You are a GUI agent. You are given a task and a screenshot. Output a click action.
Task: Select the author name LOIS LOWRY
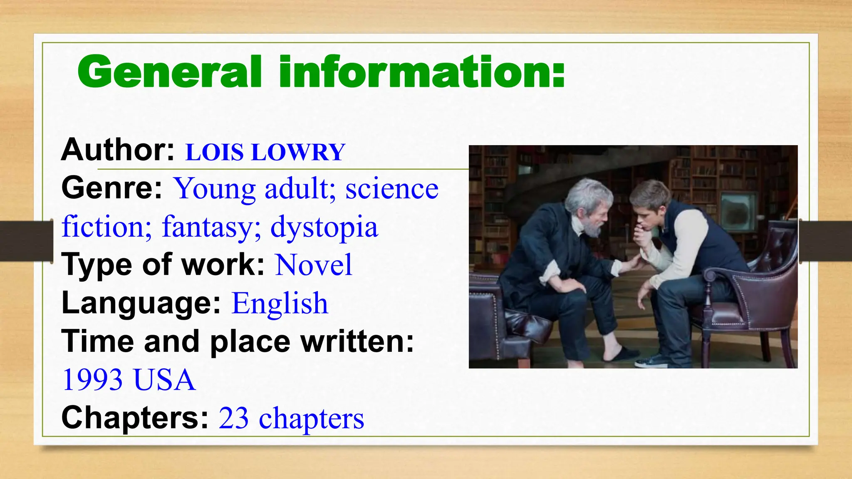click(x=265, y=152)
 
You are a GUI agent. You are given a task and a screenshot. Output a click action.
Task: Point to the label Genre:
click(x=111, y=188)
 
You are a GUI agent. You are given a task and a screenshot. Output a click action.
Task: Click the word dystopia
click(x=324, y=227)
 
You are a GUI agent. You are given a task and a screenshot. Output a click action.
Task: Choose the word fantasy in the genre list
click(x=211, y=227)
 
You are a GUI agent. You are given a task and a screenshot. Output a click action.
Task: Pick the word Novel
click(x=314, y=265)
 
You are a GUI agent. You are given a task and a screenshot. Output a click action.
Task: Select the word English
click(x=280, y=303)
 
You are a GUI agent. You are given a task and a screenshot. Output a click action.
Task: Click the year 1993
click(x=93, y=380)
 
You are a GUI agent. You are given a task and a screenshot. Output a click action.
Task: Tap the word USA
click(x=164, y=380)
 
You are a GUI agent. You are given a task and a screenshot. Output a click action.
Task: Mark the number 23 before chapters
click(x=233, y=418)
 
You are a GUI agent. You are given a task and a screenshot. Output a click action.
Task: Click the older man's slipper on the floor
click(x=620, y=353)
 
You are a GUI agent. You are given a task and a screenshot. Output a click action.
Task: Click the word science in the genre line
click(x=392, y=189)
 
